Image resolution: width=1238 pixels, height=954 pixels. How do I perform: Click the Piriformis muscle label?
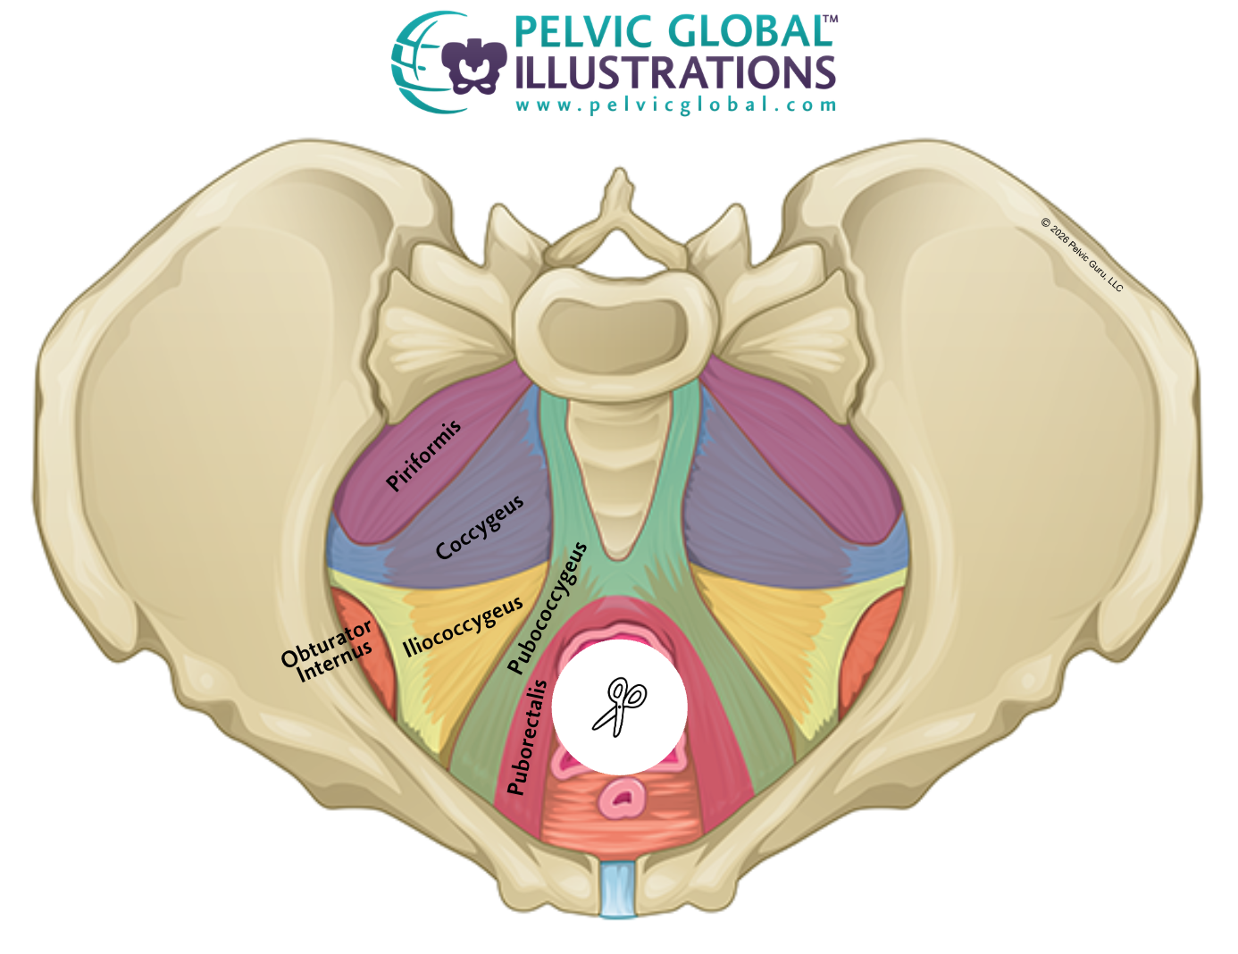tap(424, 455)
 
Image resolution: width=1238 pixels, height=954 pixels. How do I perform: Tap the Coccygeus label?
tap(480, 528)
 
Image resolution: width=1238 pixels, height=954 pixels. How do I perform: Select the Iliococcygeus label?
tap(463, 627)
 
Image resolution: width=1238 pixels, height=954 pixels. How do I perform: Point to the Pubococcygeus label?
tap(547, 607)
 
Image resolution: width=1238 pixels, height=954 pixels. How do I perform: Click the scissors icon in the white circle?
tap(619, 707)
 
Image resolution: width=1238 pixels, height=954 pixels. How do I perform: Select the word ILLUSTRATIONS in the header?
tap(674, 73)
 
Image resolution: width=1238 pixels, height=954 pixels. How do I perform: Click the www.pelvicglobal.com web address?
tap(675, 105)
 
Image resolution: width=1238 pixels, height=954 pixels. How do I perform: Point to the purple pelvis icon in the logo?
tap(473, 64)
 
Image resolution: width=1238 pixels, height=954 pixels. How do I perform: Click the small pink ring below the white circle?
tap(623, 797)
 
